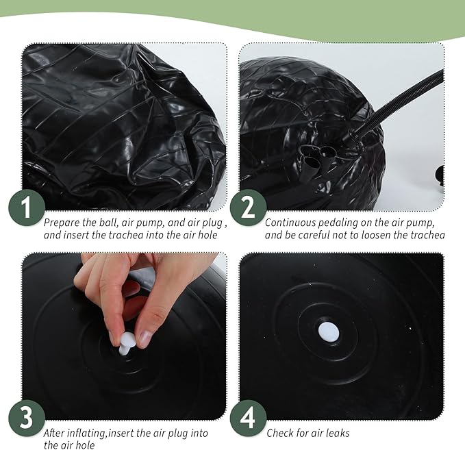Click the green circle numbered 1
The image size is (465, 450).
pos(27,208)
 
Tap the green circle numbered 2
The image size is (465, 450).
pos(249,208)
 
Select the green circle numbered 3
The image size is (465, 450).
pos(27,418)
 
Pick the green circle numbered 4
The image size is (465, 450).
pos(249,418)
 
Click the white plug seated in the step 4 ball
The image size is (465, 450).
pos(329,332)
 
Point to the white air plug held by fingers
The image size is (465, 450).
pos(127,343)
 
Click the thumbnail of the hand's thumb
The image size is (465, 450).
pos(144,337)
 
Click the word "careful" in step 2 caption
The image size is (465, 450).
pos(316,235)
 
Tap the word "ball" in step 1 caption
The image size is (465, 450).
pos(108,223)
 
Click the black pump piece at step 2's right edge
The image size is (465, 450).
pos(440,176)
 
